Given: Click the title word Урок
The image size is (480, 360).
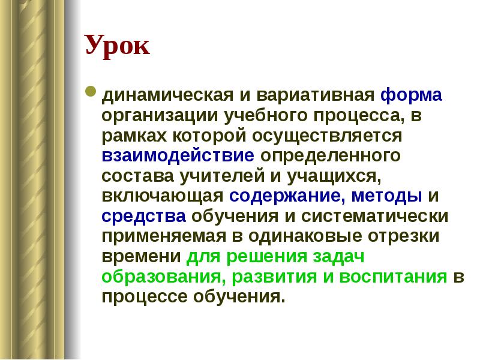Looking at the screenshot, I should pos(117,46).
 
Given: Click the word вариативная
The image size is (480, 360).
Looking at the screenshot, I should pos(316,95).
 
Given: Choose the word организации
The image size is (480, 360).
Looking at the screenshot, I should pos(151,115).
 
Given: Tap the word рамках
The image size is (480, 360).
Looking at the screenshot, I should pos(127,136).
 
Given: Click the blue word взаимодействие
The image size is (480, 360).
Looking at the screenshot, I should pos(178,155).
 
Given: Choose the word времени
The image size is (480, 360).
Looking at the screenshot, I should pos(141,256).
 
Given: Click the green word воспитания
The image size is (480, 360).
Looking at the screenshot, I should pos(394,277).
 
